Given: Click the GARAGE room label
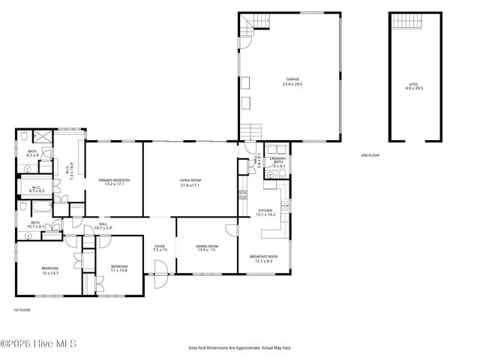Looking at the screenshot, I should tap(292, 79).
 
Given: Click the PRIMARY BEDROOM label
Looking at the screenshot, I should tap(114, 180).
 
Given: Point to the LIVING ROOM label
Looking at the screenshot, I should tap(190, 180).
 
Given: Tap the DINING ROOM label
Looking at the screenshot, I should tap(207, 246).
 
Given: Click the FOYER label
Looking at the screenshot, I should tap(160, 246).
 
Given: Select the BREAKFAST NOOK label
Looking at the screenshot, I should tap(264, 257).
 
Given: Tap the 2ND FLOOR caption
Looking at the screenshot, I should tap(369, 155).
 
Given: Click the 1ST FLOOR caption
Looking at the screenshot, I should tap(22, 310).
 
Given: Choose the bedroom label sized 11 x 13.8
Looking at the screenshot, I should tap(120, 267).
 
